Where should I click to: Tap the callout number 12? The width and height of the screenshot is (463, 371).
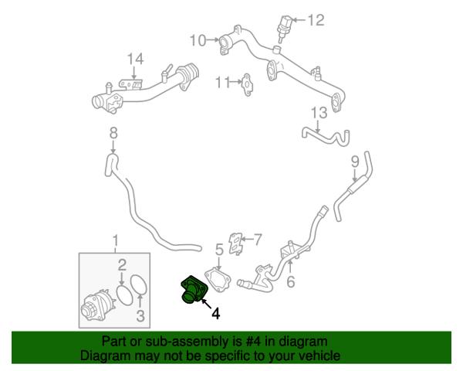[316, 20]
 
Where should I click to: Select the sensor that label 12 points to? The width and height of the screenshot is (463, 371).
[284, 28]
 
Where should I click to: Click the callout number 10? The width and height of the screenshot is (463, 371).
[198, 40]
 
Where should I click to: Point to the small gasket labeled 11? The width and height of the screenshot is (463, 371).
[247, 85]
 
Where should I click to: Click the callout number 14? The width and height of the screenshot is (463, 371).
[135, 59]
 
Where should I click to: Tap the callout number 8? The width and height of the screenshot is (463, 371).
[113, 133]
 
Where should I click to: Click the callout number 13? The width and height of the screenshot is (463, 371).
[319, 113]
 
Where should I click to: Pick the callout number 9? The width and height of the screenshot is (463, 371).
[355, 162]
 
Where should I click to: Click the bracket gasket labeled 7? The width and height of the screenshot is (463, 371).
[236, 243]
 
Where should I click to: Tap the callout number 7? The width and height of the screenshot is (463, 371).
[258, 240]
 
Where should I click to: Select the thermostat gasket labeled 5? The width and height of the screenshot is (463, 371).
[218, 280]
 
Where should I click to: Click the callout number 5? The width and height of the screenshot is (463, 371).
[219, 250]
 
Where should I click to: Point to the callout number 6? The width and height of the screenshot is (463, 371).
[291, 281]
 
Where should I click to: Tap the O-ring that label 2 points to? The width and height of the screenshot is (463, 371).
[125, 295]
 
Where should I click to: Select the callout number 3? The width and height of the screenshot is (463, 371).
[140, 315]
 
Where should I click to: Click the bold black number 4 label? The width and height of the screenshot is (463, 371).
[216, 314]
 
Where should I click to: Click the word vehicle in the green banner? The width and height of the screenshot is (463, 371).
[321, 356]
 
